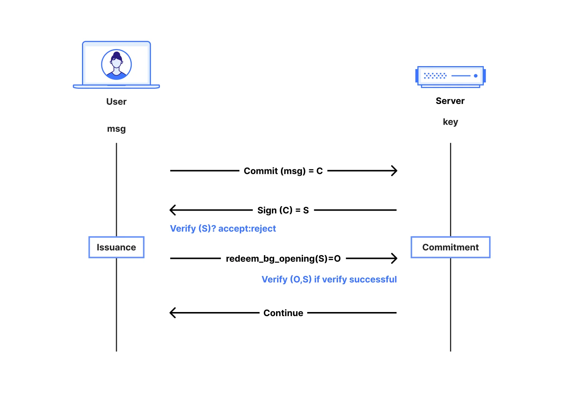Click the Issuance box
click(x=116, y=247)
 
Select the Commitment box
click(x=450, y=247)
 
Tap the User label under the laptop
click(x=116, y=102)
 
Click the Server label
click(x=450, y=101)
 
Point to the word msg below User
click(x=116, y=129)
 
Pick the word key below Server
click(x=450, y=122)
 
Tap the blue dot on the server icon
click(x=475, y=76)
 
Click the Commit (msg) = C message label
click(x=283, y=171)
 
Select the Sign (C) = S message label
click(x=283, y=210)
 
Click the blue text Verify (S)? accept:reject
click(x=223, y=228)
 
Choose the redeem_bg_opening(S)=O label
click(x=283, y=259)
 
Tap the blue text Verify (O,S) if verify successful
click(x=329, y=279)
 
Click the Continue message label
click(x=283, y=313)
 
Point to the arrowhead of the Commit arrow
click(x=394, y=171)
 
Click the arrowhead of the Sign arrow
click(x=172, y=210)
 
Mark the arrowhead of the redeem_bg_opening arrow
click(x=394, y=258)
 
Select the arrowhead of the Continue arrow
click(x=172, y=313)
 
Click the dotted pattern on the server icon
click(x=435, y=76)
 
